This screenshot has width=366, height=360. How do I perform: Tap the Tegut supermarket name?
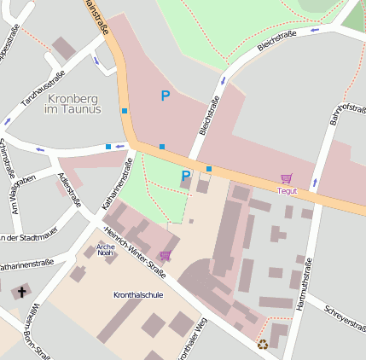click(x=287, y=190)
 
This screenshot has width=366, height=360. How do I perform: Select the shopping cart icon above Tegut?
click(x=287, y=178)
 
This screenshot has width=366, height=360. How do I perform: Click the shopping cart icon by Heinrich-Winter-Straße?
click(x=165, y=255)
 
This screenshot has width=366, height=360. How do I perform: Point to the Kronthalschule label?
click(x=137, y=294)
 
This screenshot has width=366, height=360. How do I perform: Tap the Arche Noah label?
click(x=105, y=249)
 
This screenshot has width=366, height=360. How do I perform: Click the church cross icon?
click(x=20, y=292)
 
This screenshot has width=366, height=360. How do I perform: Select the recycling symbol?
click(x=262, y=345)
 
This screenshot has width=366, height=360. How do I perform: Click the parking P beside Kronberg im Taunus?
click(x=166, y=96)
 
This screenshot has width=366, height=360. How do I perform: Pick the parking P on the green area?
click(x=185, y=176)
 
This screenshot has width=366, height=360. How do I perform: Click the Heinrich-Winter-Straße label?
click(x=134, y=250)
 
